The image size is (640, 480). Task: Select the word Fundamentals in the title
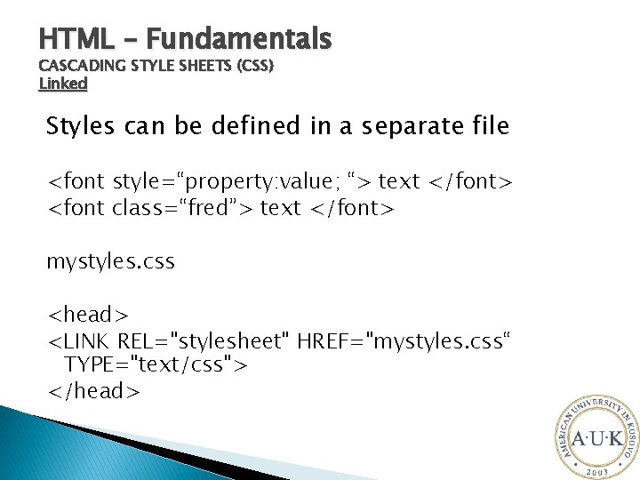239,39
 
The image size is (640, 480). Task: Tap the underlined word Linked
63,84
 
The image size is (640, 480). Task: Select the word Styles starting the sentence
82,127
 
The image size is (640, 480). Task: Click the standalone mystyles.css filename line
110,263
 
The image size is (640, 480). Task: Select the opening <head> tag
88,315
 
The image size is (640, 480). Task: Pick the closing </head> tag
93,391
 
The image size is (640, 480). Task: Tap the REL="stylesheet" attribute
205,341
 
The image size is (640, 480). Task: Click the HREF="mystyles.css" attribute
405,341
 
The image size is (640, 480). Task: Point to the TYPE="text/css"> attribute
156,365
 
